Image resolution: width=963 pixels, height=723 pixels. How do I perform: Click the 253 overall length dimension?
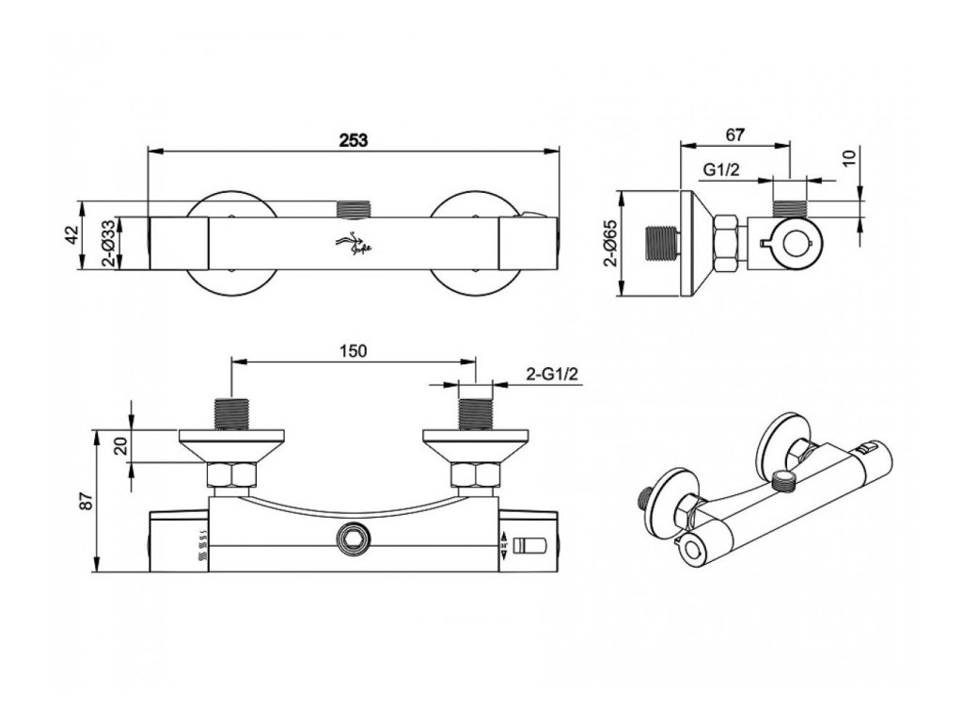click(353, 137)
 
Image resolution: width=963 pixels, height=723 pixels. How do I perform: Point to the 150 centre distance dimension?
click(353, 350)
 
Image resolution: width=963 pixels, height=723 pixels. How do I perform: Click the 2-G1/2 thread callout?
click(552, 375)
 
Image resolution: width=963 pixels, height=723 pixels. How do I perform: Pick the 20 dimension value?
click(119, 444)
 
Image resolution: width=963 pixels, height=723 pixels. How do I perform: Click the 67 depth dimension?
click(734, 135)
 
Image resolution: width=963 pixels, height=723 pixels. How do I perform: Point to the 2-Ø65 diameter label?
click(611, 244)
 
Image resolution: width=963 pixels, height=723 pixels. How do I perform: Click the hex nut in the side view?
click(728, 245)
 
